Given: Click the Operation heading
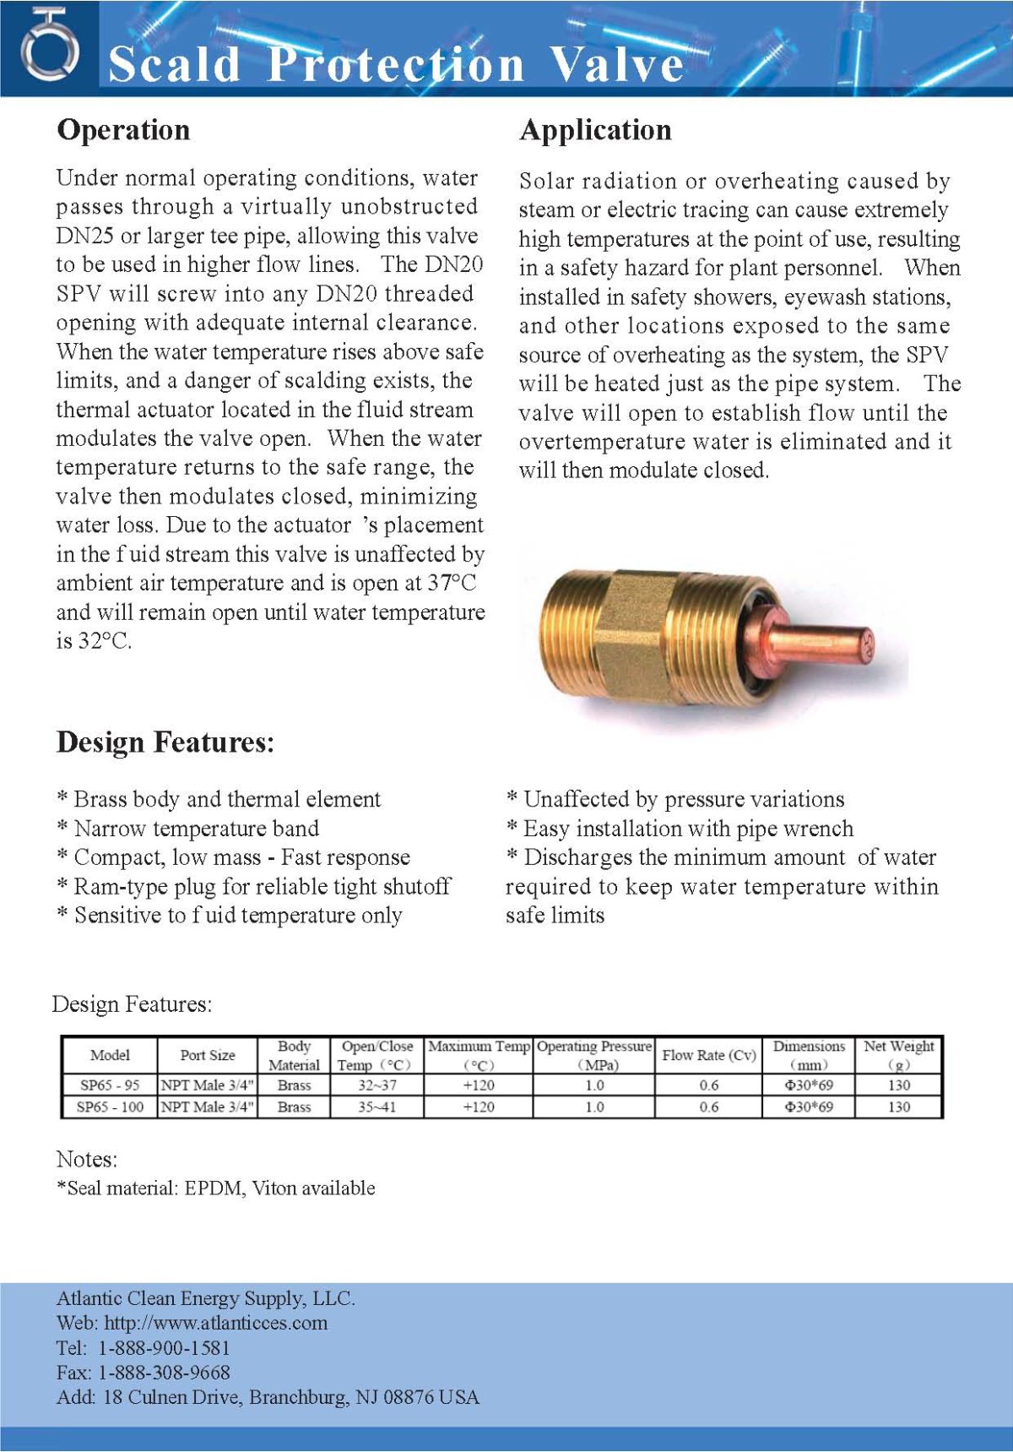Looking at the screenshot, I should coord(123,130).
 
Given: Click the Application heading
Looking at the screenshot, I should coord(595,130).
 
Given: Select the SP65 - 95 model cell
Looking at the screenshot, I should coord(109,1085).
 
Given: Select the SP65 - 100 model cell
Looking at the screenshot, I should coord(109,1107).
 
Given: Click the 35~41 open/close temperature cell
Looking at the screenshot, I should coord(376,1107).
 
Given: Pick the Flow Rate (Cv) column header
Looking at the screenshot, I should coord(708,1055).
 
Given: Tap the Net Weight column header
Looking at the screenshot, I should coord(898,1055).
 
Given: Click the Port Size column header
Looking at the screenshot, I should coord(207,1055).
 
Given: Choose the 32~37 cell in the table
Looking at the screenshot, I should coord(376,1085).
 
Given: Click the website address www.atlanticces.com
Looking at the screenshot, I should coord(215,1323).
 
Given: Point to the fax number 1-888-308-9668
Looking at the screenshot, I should coord(164,1373).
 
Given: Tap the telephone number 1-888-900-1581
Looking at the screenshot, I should coord(164,1348).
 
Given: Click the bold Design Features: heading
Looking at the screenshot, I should coord(165,742).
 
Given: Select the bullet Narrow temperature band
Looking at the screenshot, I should coord(196,829).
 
